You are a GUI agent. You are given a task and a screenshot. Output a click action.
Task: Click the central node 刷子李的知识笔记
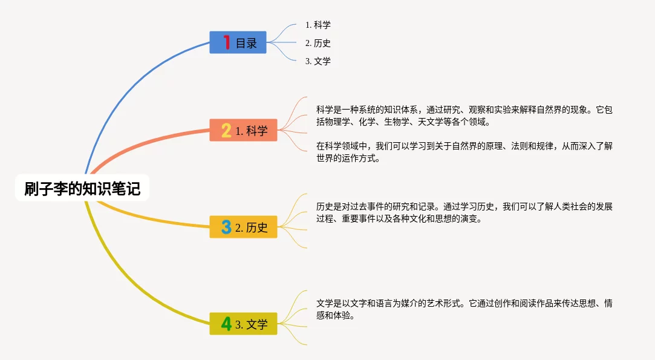[82, 188]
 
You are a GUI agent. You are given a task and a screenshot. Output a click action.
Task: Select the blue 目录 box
[238, 42]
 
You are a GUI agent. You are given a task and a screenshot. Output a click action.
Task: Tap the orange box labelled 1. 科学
[243, 130]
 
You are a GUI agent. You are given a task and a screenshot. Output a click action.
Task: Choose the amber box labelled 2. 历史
[243, 227]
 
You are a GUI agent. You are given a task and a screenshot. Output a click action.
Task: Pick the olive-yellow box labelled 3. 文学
[243, 324]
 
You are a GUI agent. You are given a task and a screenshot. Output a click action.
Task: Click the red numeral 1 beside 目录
[226, 42]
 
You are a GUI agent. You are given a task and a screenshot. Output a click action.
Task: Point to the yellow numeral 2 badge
[226, 130]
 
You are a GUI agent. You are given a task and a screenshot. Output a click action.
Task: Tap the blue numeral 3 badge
[226, 227]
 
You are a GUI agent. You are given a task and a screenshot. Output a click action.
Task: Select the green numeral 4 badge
[226, 324]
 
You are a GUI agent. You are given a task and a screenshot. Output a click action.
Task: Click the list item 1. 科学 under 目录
[318, 25]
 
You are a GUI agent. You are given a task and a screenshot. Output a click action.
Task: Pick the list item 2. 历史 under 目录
[318, 43]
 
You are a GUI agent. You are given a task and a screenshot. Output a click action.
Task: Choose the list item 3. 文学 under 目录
[318, 61]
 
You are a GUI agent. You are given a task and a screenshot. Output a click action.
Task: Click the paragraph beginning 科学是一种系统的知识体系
[464, 116]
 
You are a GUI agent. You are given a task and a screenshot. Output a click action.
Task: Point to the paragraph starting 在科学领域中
[464, 152]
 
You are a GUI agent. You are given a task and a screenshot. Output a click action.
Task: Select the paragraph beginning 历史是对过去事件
[464, 212]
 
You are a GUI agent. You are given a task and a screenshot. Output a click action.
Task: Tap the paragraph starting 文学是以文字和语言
[464, 309]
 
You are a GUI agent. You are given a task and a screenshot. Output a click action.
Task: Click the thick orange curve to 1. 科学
[142, 142]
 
